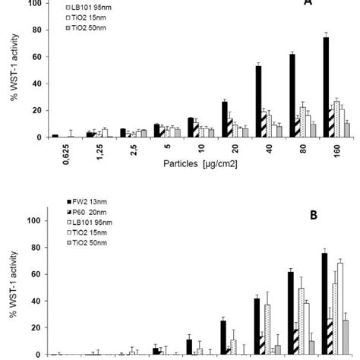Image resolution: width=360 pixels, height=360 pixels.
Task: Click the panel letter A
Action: point(307,3)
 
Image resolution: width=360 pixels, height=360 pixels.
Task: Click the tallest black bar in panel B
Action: point(324,304)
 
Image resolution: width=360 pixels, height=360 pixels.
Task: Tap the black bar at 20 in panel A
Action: point(224,118)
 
